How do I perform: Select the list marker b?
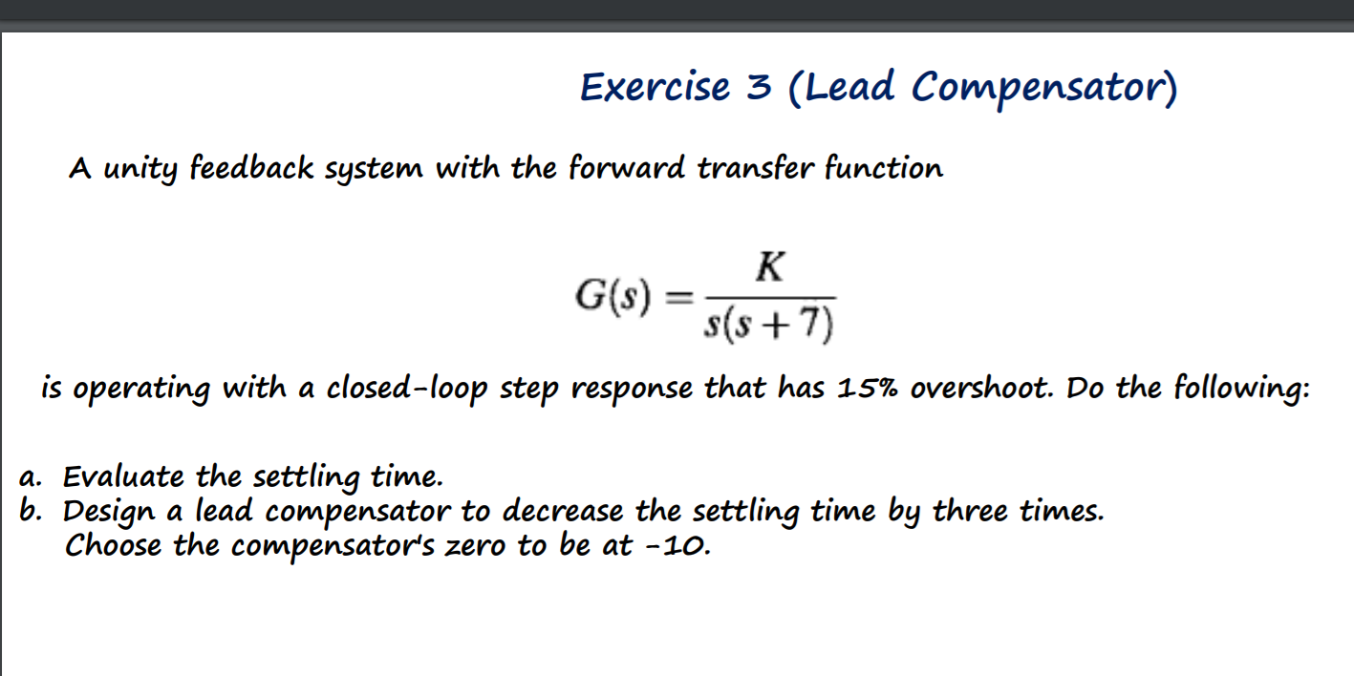pyautogui.click(x=30, y=511)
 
